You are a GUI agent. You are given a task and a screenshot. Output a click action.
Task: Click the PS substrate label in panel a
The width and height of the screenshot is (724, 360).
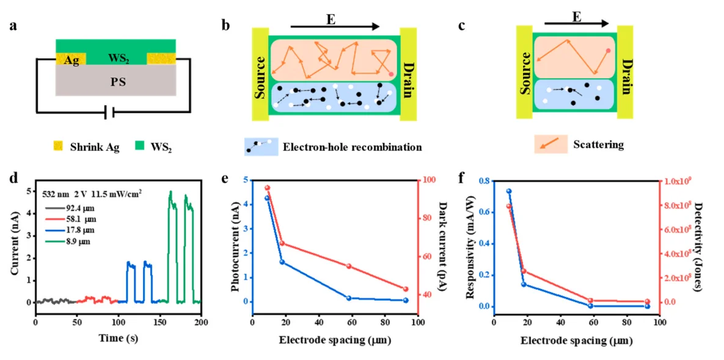click(x=117, y=80)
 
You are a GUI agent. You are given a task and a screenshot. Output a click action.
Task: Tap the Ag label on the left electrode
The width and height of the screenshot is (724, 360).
click(x=71, y=61)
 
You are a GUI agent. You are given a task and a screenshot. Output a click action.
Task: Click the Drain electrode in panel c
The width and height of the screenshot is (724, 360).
click(x=625, y=68)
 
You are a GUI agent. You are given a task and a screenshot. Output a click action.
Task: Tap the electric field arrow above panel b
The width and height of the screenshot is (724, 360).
click(x=335, y=27)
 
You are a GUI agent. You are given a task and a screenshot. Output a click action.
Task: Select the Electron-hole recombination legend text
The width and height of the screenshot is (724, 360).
click(x=352, y=147)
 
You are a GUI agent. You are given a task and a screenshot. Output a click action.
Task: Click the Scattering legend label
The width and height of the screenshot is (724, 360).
click(x=598, y=145)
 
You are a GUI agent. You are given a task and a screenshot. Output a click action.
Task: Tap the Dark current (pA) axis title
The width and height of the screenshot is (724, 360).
click(x=442, y=241)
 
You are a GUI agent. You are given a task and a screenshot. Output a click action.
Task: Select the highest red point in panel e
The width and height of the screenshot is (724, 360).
click(x=267, y=188)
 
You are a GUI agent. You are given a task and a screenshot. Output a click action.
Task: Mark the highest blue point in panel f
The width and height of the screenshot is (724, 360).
click(x=508, y=191)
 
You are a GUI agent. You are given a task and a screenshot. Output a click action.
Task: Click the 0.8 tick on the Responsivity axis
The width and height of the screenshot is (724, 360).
click(x=485, y=181)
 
